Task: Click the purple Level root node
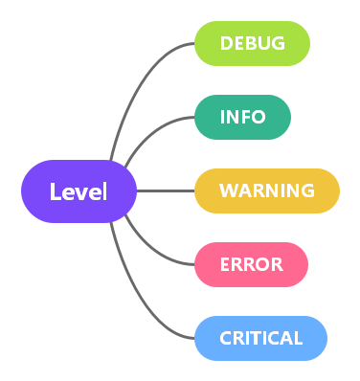[x=79, y=191]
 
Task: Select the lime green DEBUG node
[x=253, y=43]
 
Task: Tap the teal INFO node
[x=243, y=117]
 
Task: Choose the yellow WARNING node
[x=267, y=190]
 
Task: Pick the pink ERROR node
[x=252, y=264]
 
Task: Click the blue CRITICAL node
[x=260, y=338]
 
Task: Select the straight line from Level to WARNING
[x=166, y=190]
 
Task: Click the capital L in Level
[x=56, y=191]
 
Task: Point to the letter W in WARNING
[x=229, y=190]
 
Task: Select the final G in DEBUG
[x=278, y=43]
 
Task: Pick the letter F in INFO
[x=246, y=117]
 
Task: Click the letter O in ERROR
[x=263, y=264]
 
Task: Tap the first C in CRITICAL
[x=226, y=338]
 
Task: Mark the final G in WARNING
[x=306, y=190]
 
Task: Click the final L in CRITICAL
[x=298, y=338]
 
